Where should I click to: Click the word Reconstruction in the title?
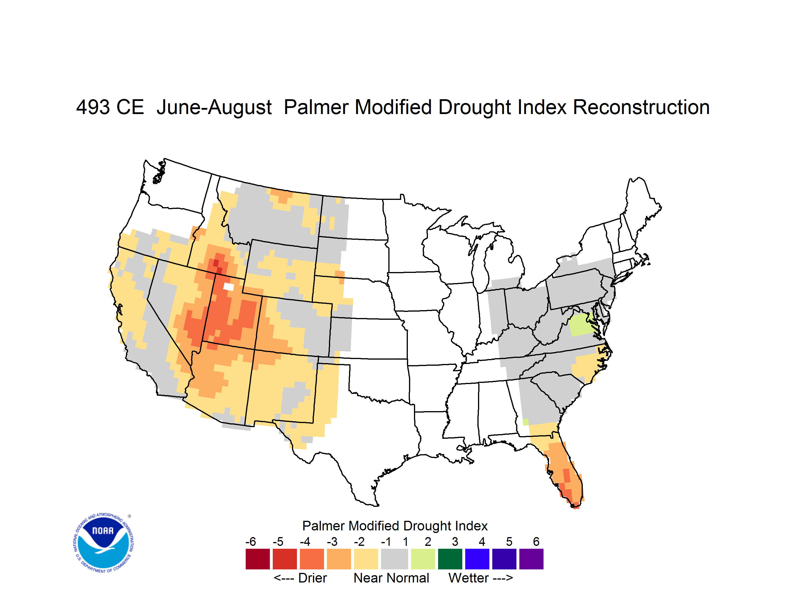click(641, 107)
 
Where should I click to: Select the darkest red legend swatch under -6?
click(258, 559)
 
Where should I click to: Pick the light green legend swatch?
click(423, 559)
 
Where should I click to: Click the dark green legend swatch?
click(450, 559)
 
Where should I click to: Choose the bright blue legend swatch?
click(477, 559)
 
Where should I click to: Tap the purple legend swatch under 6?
click(531, 559)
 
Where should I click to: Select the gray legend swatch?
click(394, 559)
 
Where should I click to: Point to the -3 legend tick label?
click(332, 541)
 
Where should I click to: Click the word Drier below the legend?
click(312, 578)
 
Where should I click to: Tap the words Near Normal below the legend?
click(391, 578)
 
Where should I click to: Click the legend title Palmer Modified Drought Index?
click(395, 526)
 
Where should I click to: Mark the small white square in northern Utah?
click(229, 287)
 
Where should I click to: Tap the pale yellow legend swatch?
click(366, 559)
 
